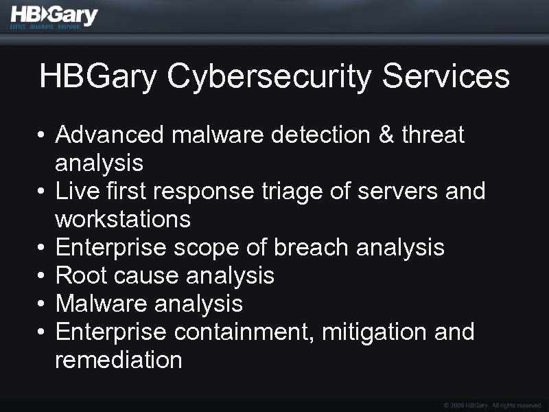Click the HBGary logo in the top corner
tap(54, 16)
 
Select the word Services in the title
tap(446, 76)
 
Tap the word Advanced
tap(110, 135)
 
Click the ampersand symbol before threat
tap(387, 135)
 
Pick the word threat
tap(434, 135)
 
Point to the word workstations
tap(123, 220)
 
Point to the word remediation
tap(118, 360)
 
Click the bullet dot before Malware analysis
tap(41, 304)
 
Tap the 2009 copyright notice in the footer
tap(493, 406)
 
